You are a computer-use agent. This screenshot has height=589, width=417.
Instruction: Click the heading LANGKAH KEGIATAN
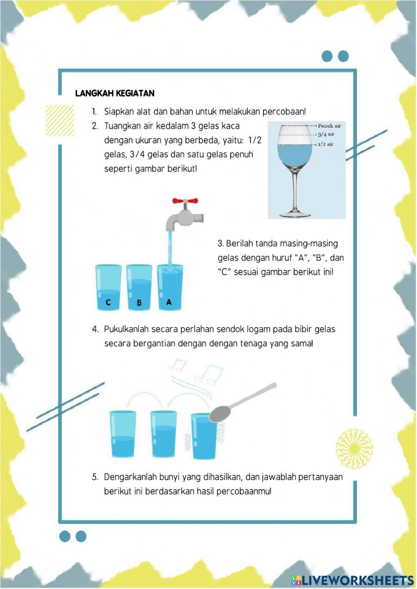(x=115, y=93)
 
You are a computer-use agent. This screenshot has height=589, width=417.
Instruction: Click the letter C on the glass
(x=108, y=302)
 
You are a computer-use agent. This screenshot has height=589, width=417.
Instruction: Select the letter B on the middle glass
(x=139, y=303)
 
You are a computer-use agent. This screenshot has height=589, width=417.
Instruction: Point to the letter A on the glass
(x=169, y=302)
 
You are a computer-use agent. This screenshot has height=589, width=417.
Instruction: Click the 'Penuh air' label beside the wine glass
(x=329, y=125)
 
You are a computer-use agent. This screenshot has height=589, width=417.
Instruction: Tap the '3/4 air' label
(x=326, y=134)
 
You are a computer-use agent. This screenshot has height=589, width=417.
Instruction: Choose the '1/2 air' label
(x=326, y=144)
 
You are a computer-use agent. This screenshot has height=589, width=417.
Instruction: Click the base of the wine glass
(x=295, y=215)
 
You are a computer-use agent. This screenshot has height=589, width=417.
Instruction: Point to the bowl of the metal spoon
(x=220, y=414)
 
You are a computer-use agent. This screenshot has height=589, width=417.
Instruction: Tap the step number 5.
(x=95, y=477)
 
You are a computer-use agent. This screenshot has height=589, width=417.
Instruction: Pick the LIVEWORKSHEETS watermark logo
(x=352, y=580)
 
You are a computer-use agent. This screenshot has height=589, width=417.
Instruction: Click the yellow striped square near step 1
(x=60, y=120)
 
